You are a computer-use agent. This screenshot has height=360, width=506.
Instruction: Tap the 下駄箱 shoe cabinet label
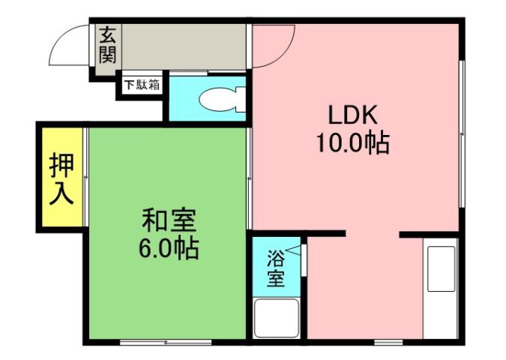click(x=142, y=85)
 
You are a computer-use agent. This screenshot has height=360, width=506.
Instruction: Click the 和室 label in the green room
click(x=169, y=221)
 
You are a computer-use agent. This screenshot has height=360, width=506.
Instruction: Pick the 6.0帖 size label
click(x=169, y=247)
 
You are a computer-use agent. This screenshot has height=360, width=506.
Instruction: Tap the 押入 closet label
click(x=61, y=179)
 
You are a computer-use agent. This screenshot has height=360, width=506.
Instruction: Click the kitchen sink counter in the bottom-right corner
click(x=440, y=289)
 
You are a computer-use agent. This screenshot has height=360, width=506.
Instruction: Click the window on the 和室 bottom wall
click(x=166, y=342)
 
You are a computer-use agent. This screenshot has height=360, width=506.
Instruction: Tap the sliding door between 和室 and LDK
click(x=250, y=180)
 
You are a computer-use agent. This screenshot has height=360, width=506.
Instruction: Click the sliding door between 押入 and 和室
click(x=85, y=180)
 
